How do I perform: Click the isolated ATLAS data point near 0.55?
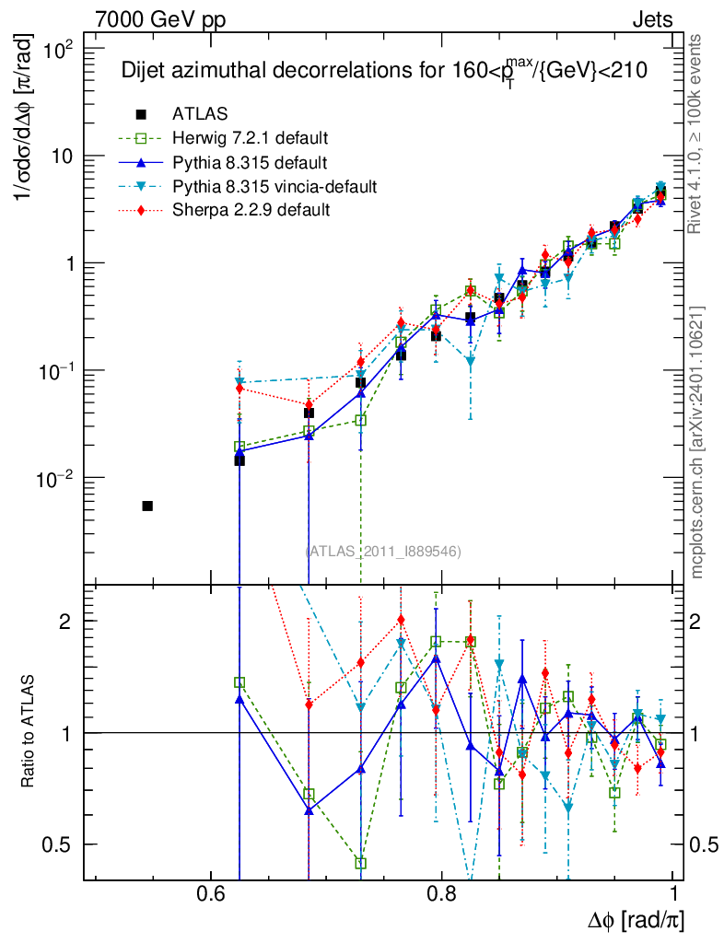coord(147,506)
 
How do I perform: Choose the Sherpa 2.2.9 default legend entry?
coord(251,211)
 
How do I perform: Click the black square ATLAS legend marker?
coord(141,114)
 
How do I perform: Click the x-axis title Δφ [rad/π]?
coord(635,920)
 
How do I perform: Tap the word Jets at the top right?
coord(651,19)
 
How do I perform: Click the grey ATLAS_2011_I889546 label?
coord(383,551)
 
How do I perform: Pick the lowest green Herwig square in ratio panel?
coord(361,863)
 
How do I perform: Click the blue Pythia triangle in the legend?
coord(141,163)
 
